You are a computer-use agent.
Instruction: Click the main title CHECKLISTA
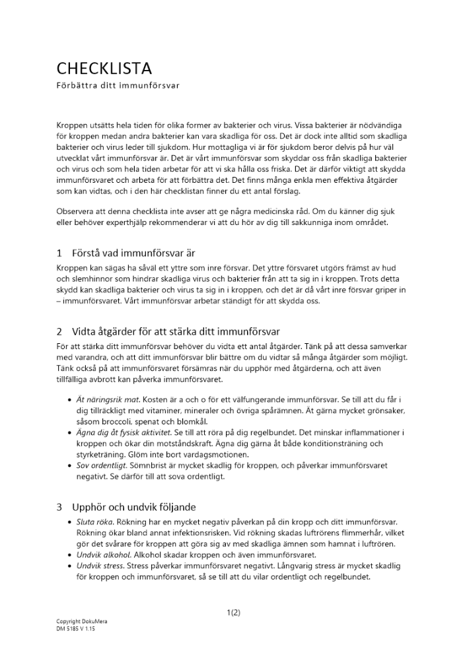[x=104, y=68]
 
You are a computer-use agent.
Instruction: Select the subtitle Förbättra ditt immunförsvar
[x=118, y=86]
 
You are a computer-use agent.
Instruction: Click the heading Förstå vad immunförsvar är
[x=133, y=253]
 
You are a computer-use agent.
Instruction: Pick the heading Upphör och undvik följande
[x=134, y=507]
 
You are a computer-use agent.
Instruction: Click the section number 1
[x=59, y=253]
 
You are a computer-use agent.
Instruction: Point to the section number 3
[x=59, y=507]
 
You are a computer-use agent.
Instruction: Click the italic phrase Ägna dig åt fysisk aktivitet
[x=119, y=432]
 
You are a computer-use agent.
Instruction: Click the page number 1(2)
[x=233, y=612]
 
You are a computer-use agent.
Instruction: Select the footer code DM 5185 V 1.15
[x=76, y=629]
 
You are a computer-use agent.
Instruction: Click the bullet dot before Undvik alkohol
[x=71, y=555]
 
